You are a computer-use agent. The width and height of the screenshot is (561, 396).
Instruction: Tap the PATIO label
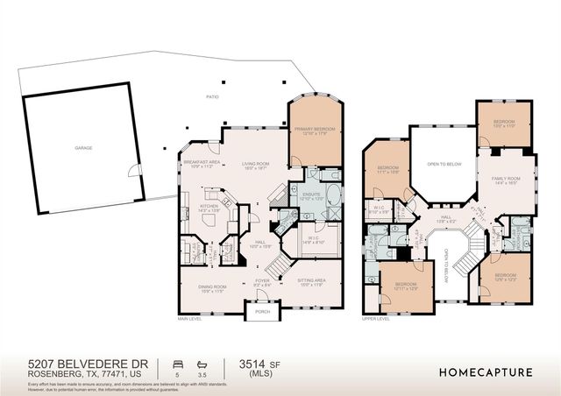(212, 97)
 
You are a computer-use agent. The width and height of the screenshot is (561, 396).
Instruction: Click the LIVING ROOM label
(255, 163)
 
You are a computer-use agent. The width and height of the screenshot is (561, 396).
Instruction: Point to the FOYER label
(263, 282)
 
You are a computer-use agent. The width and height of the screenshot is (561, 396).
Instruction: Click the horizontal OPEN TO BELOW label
(444, 163)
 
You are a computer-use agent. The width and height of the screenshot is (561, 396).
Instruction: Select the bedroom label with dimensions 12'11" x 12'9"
(405, 286)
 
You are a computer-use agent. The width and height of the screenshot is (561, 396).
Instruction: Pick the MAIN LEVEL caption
(188, 320)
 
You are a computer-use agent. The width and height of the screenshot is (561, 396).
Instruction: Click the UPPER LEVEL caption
(375, 320)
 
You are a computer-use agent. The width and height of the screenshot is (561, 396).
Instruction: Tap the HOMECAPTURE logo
(486, 371)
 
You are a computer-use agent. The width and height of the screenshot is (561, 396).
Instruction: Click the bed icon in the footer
(178, 362)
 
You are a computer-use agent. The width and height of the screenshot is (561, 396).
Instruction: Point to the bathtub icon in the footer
(202, 362)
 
